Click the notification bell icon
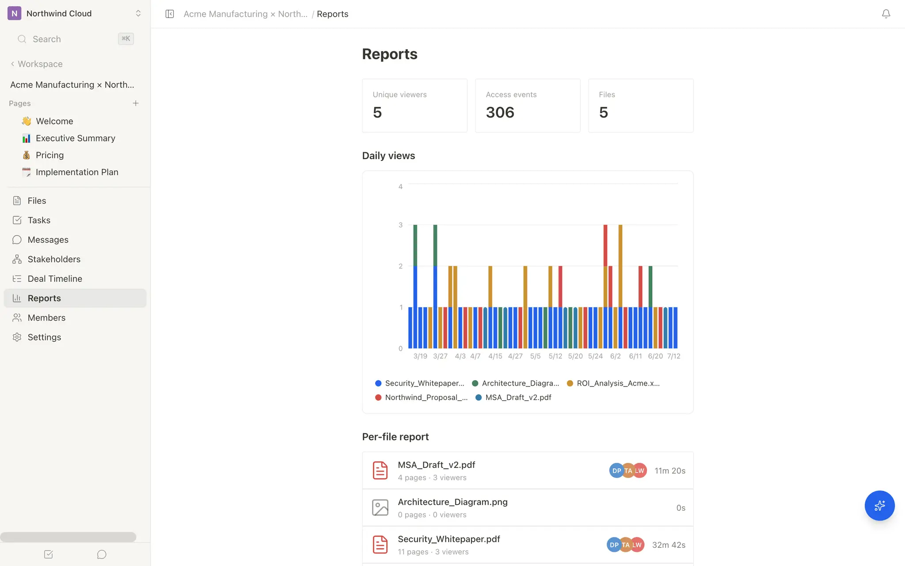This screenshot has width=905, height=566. [x=886, y=14]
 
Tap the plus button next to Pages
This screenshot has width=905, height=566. [x=136, y=103]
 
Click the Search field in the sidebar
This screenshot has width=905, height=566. [x=75, y=39]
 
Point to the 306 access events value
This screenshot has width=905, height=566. [x=500, y=112]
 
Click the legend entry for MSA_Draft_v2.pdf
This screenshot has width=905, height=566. [x=513, y=397]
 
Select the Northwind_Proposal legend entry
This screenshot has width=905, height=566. [x=421, y=397]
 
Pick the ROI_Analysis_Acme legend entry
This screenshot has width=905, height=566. [x=613, y=383]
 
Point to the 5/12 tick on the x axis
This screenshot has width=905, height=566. [x=555, y=356]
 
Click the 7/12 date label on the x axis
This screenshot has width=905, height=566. [x=674, y=356]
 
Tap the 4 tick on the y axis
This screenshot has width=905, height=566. [x=400, y=187]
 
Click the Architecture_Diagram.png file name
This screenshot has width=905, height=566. [x=452, y=502]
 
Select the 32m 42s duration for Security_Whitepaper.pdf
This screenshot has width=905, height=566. [x=669, y=545]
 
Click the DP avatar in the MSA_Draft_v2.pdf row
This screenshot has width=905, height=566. [x=616, y=470]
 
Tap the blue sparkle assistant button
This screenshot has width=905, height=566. [x=879, y=505]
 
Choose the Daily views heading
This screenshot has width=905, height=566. [x=388, y=156]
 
